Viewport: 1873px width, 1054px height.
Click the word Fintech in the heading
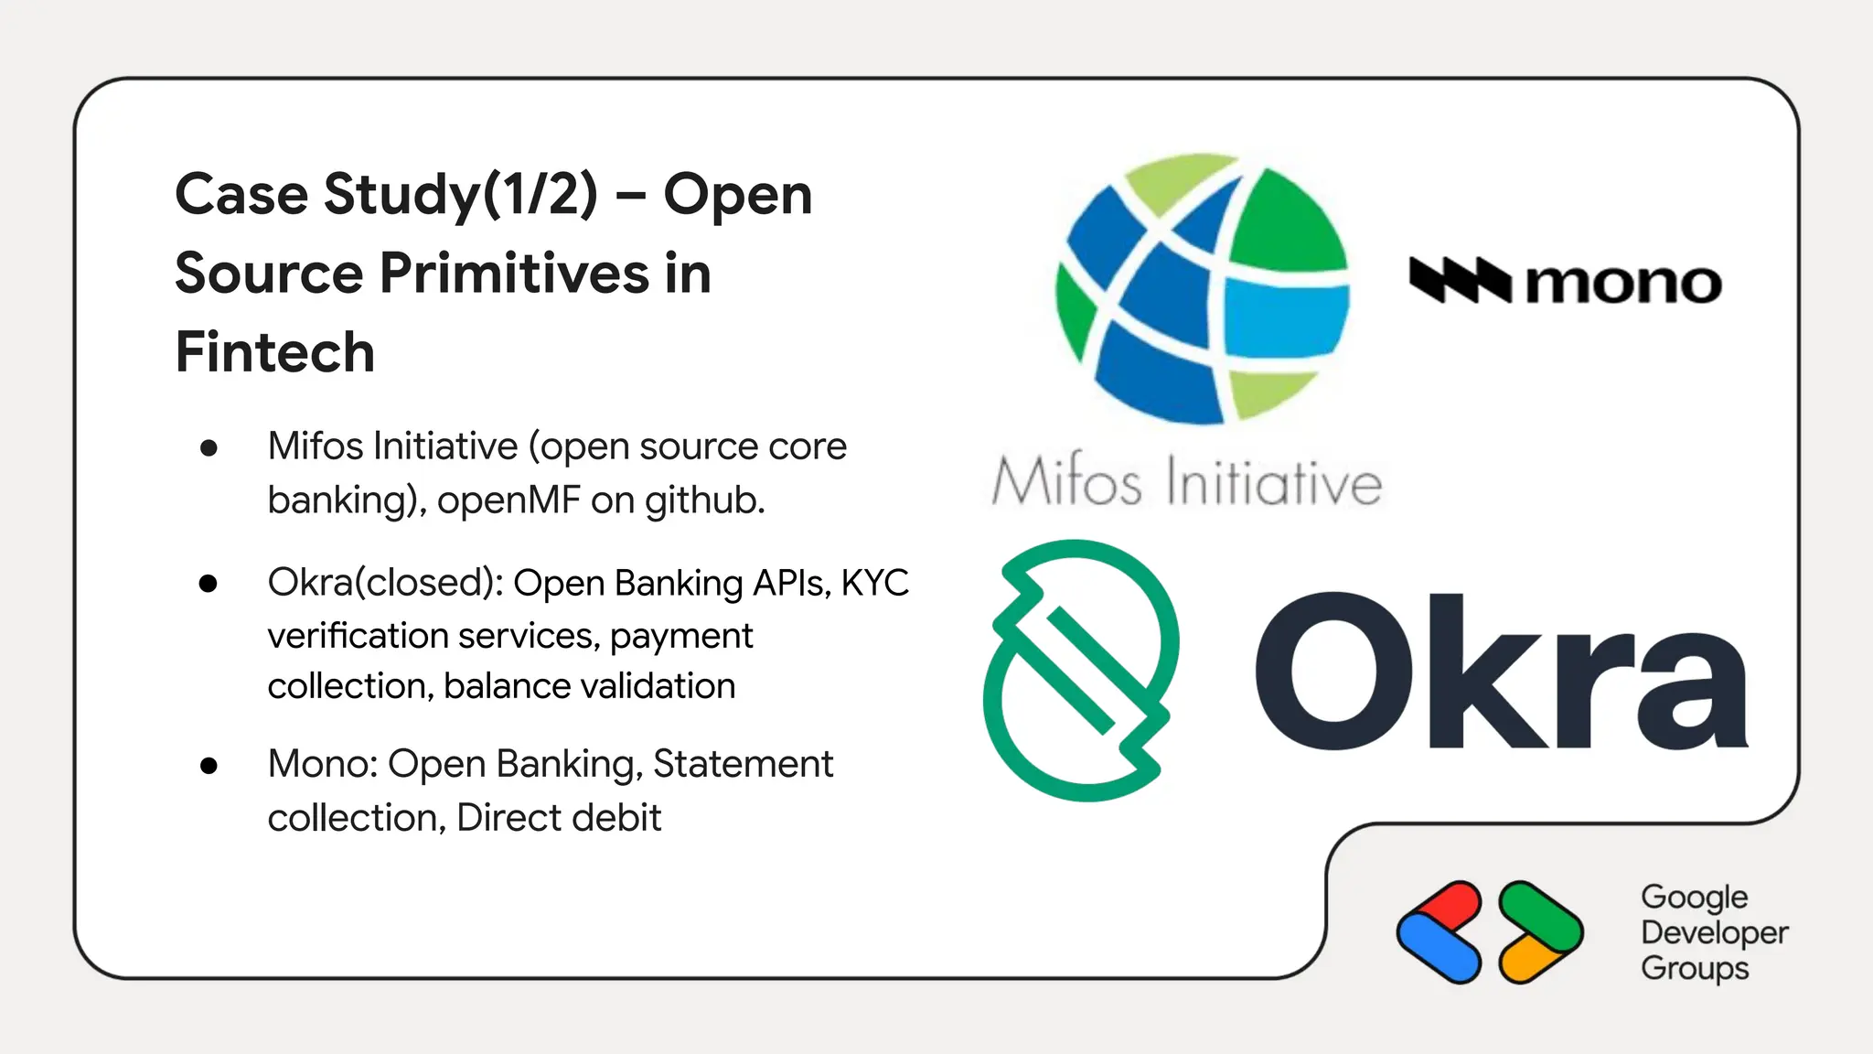click(x=275, y=353)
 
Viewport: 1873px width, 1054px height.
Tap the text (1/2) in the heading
click(x=540, y=195)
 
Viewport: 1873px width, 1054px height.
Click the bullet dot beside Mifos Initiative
click(x=209, y=447)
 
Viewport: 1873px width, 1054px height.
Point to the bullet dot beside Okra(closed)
click(x=209, y=584)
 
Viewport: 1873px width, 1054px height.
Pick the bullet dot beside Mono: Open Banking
click(x=209, y=765)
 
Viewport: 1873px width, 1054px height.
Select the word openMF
click(x=508, y=500)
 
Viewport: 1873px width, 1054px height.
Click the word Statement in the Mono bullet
click(x=743, y=764)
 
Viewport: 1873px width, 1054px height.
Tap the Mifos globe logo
click(x=1202, y=289)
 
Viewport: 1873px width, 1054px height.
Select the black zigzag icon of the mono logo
click(x=1460, y=280)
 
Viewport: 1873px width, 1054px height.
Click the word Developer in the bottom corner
click(x=1714, y=933)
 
